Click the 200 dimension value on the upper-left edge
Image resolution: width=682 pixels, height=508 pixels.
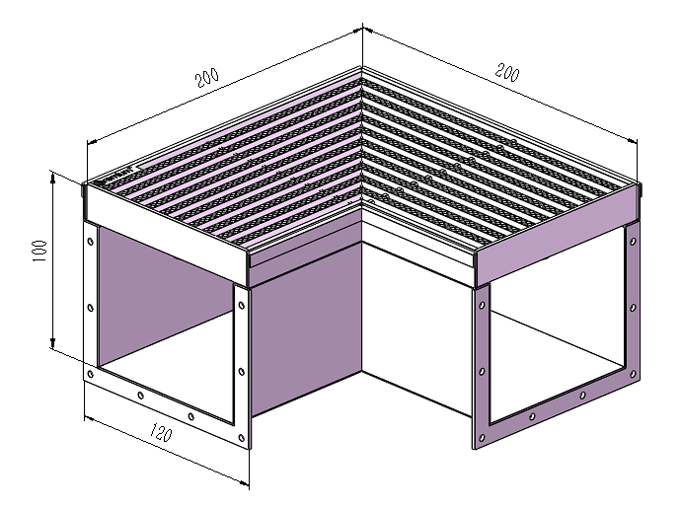207,78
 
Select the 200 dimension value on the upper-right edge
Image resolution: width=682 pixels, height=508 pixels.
507,72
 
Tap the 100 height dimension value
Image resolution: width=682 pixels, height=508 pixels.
39,251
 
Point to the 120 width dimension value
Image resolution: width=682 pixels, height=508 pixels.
161,432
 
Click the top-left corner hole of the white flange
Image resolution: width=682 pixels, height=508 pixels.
91,242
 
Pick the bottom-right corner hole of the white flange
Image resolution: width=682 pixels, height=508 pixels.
242,438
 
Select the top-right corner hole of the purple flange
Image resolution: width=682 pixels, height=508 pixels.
633,242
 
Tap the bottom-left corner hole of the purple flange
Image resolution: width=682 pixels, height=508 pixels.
482,438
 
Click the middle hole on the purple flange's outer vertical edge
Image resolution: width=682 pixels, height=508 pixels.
633,308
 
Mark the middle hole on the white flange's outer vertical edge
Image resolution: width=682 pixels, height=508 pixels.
91,308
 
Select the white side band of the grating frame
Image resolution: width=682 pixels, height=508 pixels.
165,235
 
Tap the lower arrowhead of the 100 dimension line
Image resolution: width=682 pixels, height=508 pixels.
53,344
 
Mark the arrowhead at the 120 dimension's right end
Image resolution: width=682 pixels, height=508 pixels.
245,482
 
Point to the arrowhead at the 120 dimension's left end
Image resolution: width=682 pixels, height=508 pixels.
89,418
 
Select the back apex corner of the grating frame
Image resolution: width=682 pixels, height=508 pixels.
362,67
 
